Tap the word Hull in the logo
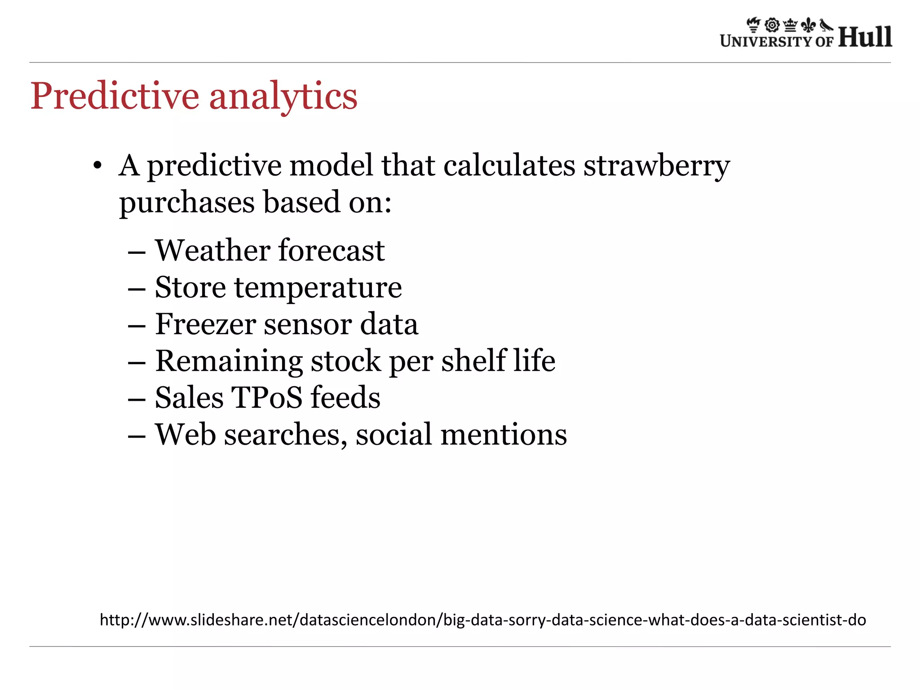coord(865,37)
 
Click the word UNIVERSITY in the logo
coord(766,41)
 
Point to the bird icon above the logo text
coord(826,25)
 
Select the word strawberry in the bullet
coord(656,166)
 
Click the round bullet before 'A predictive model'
coord(97,166)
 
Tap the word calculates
coord(509,165)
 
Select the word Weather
coord(212,250)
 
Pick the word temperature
coord(318,288)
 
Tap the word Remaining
coord(229,362)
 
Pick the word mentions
coord(504,435)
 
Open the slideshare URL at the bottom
coord(482,620)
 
